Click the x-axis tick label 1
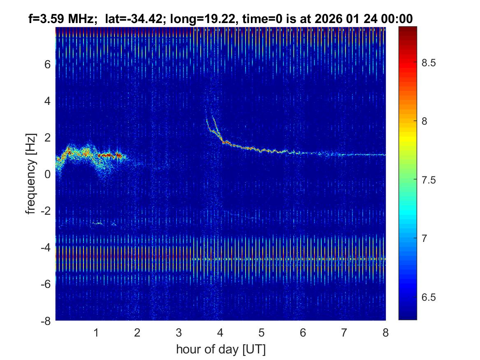click(96, 332)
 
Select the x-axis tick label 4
click(220, 332)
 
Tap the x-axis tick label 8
click(385, 332)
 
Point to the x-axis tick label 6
click(303, 332)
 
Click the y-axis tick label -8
click(46, 321)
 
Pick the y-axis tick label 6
click(48, 65)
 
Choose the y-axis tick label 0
click(48, 174)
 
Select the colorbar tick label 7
click(424, 238)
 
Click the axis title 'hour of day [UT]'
click(220, 350)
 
